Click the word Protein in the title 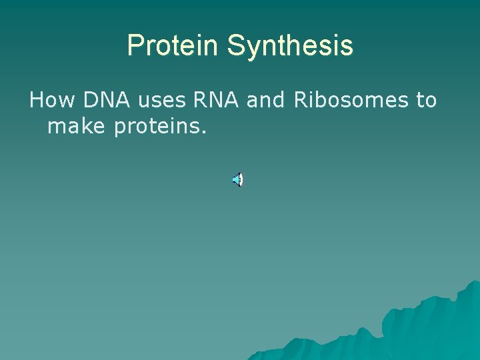[x=173, y=46]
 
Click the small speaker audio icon [x=237, y=179]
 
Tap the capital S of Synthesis [x=235, y=46]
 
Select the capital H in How [x=37, y=101]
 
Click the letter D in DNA [x=90, y=101]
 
